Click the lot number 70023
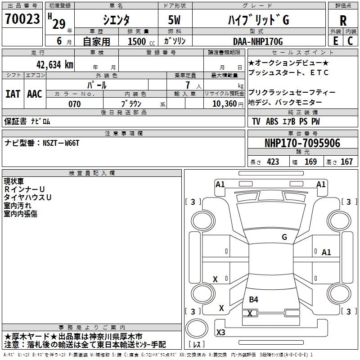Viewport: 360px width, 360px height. [x=22, y=19]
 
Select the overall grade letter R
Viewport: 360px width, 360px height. [x=343, y=21]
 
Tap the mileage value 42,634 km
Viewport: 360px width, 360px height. [x=55, y=65]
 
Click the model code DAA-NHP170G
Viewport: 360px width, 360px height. [x=258, y=41]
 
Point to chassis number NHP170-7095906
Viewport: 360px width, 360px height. [x=302, y=143]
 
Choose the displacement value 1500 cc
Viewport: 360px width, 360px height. [x=141, y=41]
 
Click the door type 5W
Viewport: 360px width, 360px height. [x=174, y=20]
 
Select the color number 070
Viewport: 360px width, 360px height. [x=75, y=104]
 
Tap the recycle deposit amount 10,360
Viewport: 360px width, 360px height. [x=225, y=104]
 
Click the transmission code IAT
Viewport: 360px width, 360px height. [x=13, y=94]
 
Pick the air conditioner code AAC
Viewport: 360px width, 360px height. [x=35, y=94]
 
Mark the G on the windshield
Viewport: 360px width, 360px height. [x=284, y=237]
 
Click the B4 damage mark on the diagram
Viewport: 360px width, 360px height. [x=253, y=299]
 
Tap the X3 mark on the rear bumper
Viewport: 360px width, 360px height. [x=220, y=332]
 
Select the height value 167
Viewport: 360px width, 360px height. [x=346, y=162]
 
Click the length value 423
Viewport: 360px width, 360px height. [x=273, y=162]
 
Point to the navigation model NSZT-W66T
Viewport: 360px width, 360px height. [x=61, y=143]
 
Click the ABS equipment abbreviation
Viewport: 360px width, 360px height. [x=272, y=121]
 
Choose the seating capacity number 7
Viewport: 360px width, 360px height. [x=188, y=85]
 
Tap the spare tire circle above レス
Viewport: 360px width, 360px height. [x=197, y=328]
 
